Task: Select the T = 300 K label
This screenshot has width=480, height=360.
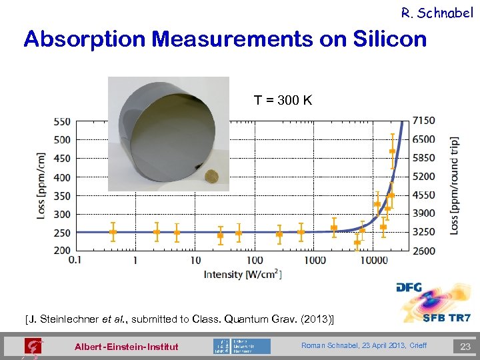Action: click(283, 101)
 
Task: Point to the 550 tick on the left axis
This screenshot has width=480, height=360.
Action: click(61, 122)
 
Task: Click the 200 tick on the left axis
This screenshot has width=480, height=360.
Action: click(61, 251)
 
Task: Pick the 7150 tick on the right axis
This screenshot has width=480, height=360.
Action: click(424, 120)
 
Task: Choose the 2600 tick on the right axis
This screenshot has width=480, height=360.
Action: click(424, 251)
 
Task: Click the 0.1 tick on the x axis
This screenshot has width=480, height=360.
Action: click(75, 260)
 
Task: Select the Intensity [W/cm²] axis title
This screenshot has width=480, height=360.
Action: click(242, 274)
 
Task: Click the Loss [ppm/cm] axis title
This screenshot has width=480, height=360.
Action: click(42, 187)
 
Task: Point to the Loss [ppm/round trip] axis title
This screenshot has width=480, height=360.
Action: click(454, 185)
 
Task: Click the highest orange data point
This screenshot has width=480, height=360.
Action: click(392, 151)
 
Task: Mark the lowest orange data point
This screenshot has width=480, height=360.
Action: click(357, 243)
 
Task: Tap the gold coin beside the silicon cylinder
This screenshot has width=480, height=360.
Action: click(211, 177)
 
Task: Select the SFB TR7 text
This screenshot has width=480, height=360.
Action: click(447, 318)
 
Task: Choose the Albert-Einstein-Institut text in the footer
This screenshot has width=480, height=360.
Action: click(126, 347)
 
